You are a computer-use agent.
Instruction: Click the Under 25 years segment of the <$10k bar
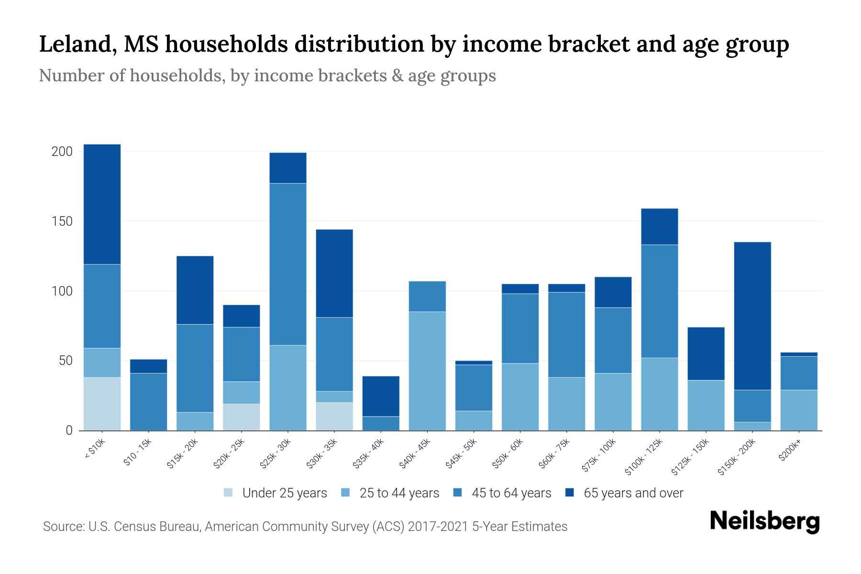click(x=102, y=404)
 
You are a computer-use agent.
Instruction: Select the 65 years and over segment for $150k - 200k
click(x=752, y=316)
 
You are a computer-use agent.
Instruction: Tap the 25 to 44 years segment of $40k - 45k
click(x=427, y=371)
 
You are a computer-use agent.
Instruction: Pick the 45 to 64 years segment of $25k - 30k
click(x=288, y=264)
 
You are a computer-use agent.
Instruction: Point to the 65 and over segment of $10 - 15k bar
click(x=148, y=366)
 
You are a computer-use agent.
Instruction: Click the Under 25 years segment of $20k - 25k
click(x=242, y=417)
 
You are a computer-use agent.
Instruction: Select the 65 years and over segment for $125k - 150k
click(x=706, y=353)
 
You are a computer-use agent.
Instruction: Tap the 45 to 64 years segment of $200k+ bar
click(x=799, y=373)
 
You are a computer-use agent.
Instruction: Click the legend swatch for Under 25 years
click(x=228, y=493)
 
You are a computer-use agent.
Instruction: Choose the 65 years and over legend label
click(x=633, y=493)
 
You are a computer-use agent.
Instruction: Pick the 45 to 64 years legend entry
click(x=511, y=493)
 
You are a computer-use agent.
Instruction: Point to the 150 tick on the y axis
click(x=62, y=221)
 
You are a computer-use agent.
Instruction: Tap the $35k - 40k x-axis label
click(x=369, y=453)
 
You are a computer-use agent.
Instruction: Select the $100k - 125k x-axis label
click(x=644, y=457)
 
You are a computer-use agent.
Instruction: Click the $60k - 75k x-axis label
click(x=555, y=453)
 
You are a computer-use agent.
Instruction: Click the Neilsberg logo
click(x=764, y=521)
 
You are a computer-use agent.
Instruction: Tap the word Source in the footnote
click(x=62, y=527)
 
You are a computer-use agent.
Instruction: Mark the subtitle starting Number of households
click(x=267, y=76)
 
